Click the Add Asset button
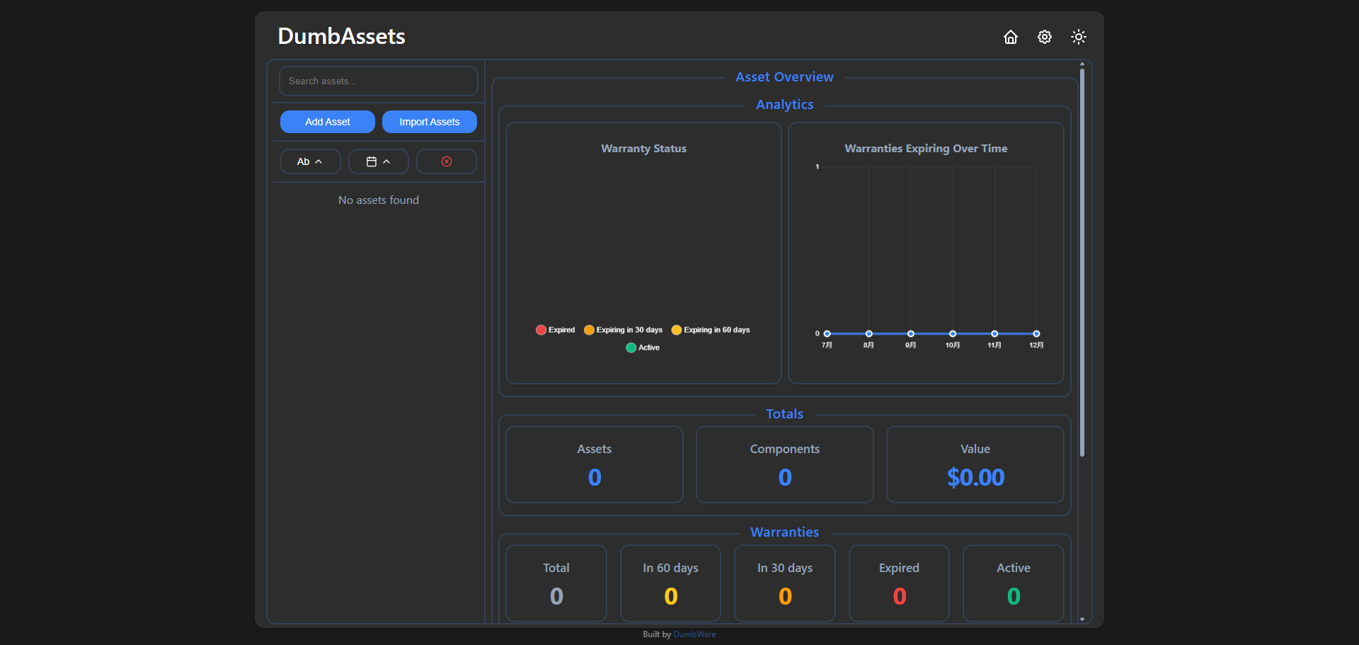point(328,122)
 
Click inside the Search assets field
point(379,81)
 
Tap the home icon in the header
point(1011,37)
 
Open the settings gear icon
point(1045,37)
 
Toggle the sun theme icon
point(1079,37)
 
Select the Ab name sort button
point(311,161)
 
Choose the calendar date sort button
point(379,161)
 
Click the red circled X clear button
point(447,161)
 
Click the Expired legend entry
point(556,330)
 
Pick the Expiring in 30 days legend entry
point(624,330)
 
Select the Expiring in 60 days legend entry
point(711,330)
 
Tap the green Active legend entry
point(643,348)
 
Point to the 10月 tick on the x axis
point(953,346)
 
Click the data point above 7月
point(827,333)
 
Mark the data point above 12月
point(1036,333)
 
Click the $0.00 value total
point(975,478)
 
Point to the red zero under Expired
point(900,597)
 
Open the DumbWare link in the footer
point(694,634)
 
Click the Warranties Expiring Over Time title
point(926,149)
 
